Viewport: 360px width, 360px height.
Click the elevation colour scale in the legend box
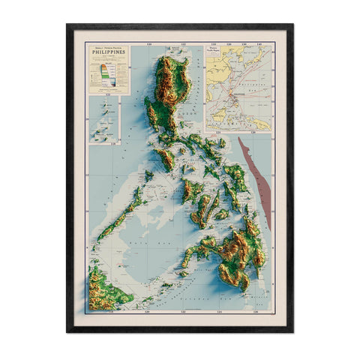click(107, 76)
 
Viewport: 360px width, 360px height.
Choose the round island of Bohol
click(222, 214)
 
